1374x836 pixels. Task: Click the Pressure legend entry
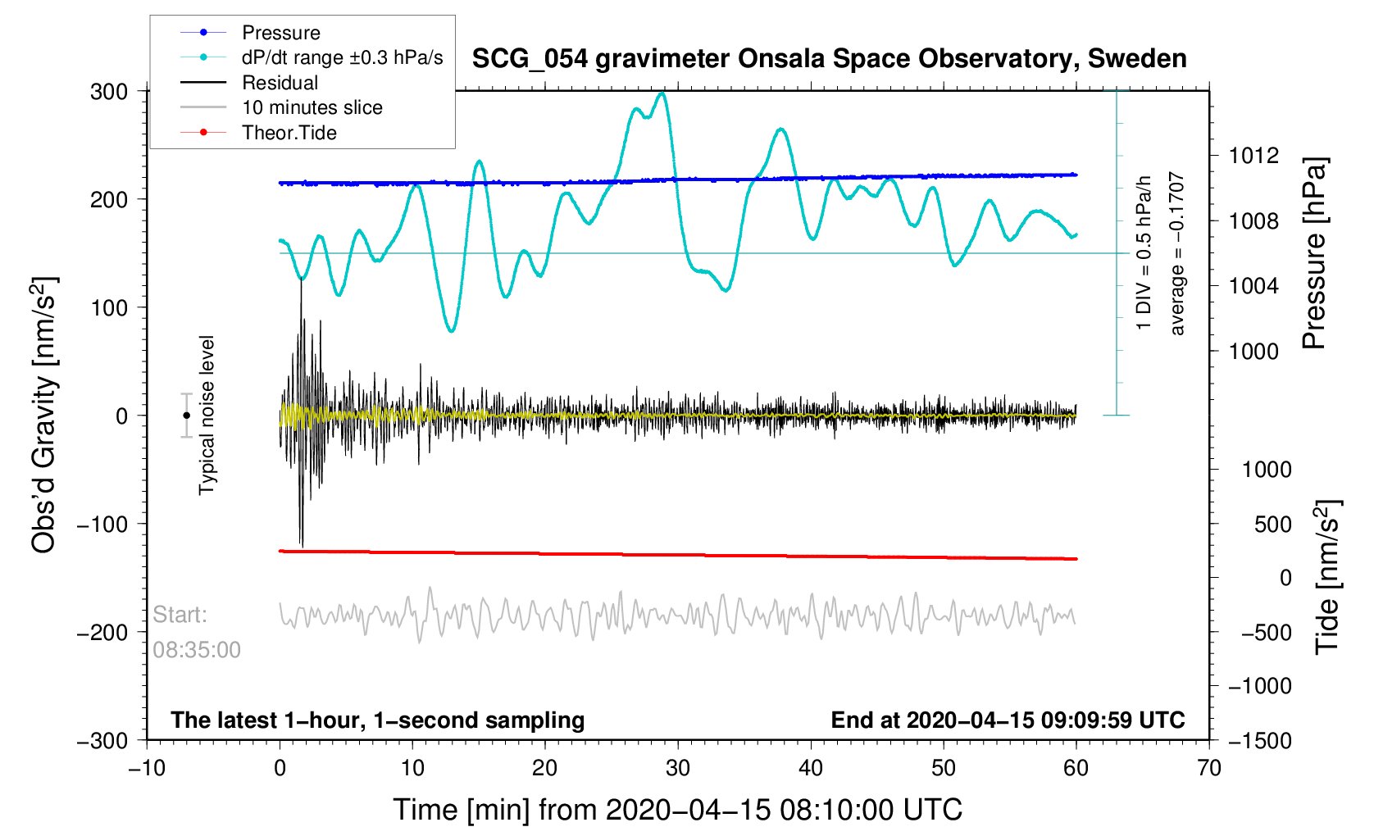coord(280,33)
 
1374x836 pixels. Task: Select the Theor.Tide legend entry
coord(289,133)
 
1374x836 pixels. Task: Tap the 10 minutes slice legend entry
coord(312,107)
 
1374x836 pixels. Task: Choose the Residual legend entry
coord(280,83)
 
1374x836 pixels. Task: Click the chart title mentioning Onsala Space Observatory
coord(829,59)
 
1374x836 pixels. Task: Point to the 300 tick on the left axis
coord(109,92)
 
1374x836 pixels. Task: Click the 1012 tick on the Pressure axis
coord(1253,156)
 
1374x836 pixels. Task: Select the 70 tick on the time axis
coord(1209,768)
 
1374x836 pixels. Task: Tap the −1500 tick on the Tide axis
coord(1259,740)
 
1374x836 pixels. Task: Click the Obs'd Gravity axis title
coord(44,416)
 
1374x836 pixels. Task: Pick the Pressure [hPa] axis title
coord(1314,254)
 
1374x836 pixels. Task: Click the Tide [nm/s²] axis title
coord(1327,577)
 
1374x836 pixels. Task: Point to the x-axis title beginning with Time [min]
coord(677,810)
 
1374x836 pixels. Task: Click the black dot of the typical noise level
coord(187,416)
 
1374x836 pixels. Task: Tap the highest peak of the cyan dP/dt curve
coord(662,93)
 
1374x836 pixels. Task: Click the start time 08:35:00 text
coord(197,650)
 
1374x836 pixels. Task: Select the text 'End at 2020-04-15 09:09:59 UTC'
coord(1008,720)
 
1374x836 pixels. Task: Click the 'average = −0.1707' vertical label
coord(1177,254)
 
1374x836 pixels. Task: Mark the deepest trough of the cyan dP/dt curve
coord(451,330)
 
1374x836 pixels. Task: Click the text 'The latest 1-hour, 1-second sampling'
coord(378,720)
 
